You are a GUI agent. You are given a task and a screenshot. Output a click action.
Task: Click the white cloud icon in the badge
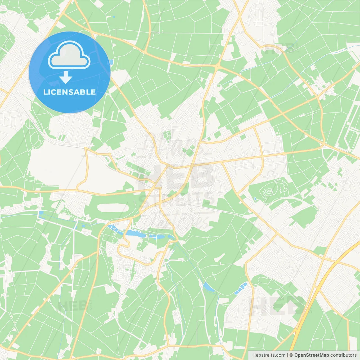pyautogui.click(x=69, y=55)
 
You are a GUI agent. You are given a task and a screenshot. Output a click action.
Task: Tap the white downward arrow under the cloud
pyautogui.click(x=66, y=77)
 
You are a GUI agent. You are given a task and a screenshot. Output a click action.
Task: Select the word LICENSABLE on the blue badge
pyautogui.click(x=69, y=92)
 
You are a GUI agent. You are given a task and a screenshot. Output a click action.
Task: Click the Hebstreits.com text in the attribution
pyautogui.click(x=269, y=355)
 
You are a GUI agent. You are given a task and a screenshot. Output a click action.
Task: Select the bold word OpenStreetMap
pyautogui.click(x=311, y=355)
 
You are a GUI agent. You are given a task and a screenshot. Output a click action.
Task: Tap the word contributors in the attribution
pyautogui.click(x=343, y=355)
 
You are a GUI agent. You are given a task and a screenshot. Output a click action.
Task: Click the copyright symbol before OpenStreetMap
pyautogui.click(x=291, y=355)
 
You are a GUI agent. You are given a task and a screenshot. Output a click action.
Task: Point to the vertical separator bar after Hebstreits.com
pyautogui.click(x=287, y=355)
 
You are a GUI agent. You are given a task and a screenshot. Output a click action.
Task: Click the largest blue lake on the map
pyautogui.click(x=135, y=233)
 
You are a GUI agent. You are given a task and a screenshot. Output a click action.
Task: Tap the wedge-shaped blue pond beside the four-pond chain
pyautogui.click(x=208, y=287)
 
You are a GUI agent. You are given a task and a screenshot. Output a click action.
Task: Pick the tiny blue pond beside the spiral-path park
pyautogui.click(x=255, y=199)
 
